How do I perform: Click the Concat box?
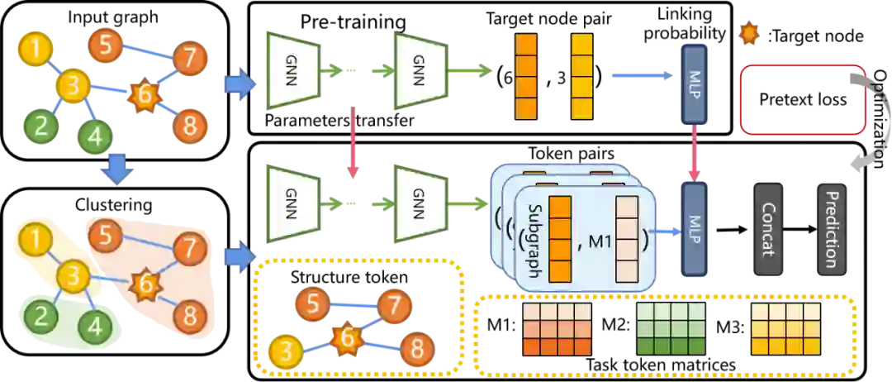click(x=770, y=229)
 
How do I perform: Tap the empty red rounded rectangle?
click(x=803, y=99)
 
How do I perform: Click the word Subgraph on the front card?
click(x=533, y=238)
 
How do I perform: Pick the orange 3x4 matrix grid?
click(x=558, y=328)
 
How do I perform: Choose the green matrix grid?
click(x=671, y=328)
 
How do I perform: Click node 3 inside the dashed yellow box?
click(x=286, y=351)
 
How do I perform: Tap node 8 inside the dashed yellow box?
click(x=417, y=350)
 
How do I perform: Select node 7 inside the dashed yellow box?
click(x=394, y=305)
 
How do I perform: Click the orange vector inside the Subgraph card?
click(x=560, y=238)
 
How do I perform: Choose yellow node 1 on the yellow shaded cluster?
click(x=35, y=241)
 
